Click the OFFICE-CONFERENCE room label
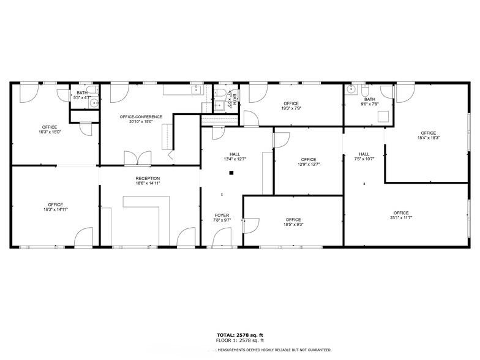(141, 116)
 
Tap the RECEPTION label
(148, 178)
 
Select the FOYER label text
(221, 215)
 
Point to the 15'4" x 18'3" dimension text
(428, 138)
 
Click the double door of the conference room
(137, 158)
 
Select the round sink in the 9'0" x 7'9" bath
(351, 89)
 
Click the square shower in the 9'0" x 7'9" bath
(384, 118)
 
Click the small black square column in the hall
(231, 173)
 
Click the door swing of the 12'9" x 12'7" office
(280, 140)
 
